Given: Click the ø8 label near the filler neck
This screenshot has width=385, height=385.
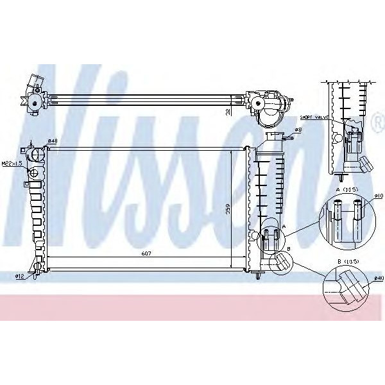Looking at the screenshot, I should (x=298, y=130).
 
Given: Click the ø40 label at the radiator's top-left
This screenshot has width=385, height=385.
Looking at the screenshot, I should (x=53, y=141).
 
